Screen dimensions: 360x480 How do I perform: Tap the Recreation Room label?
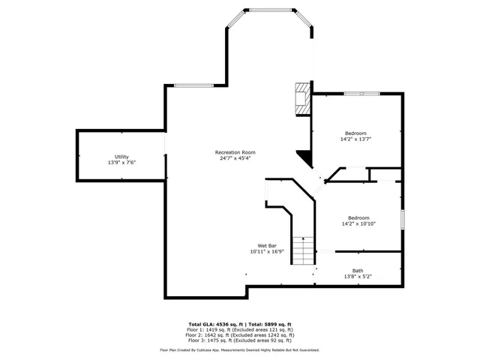(235, 152)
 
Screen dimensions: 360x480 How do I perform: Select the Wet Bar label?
(267, 246)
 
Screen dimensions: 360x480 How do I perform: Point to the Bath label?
(358, 271)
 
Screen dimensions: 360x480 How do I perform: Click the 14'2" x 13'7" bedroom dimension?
(356, 139)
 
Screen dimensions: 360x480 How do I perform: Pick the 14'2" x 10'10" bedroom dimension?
(358, 223)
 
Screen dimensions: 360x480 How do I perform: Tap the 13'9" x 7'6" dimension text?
(121, 163)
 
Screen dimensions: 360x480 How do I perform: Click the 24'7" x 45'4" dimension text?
(235, 158)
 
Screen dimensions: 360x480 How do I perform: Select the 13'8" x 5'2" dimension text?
(358, 277)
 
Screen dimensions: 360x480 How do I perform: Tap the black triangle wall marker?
(304, 156)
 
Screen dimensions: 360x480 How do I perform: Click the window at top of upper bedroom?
(361, 94)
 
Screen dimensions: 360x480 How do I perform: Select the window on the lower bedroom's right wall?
(403, 220)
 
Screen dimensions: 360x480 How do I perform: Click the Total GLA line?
(240, 323)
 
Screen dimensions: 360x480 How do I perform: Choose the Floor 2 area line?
(240, 334)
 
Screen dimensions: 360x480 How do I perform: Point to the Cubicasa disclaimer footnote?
(240, 350)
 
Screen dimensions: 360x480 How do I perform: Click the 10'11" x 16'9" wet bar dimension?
(267, 252)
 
